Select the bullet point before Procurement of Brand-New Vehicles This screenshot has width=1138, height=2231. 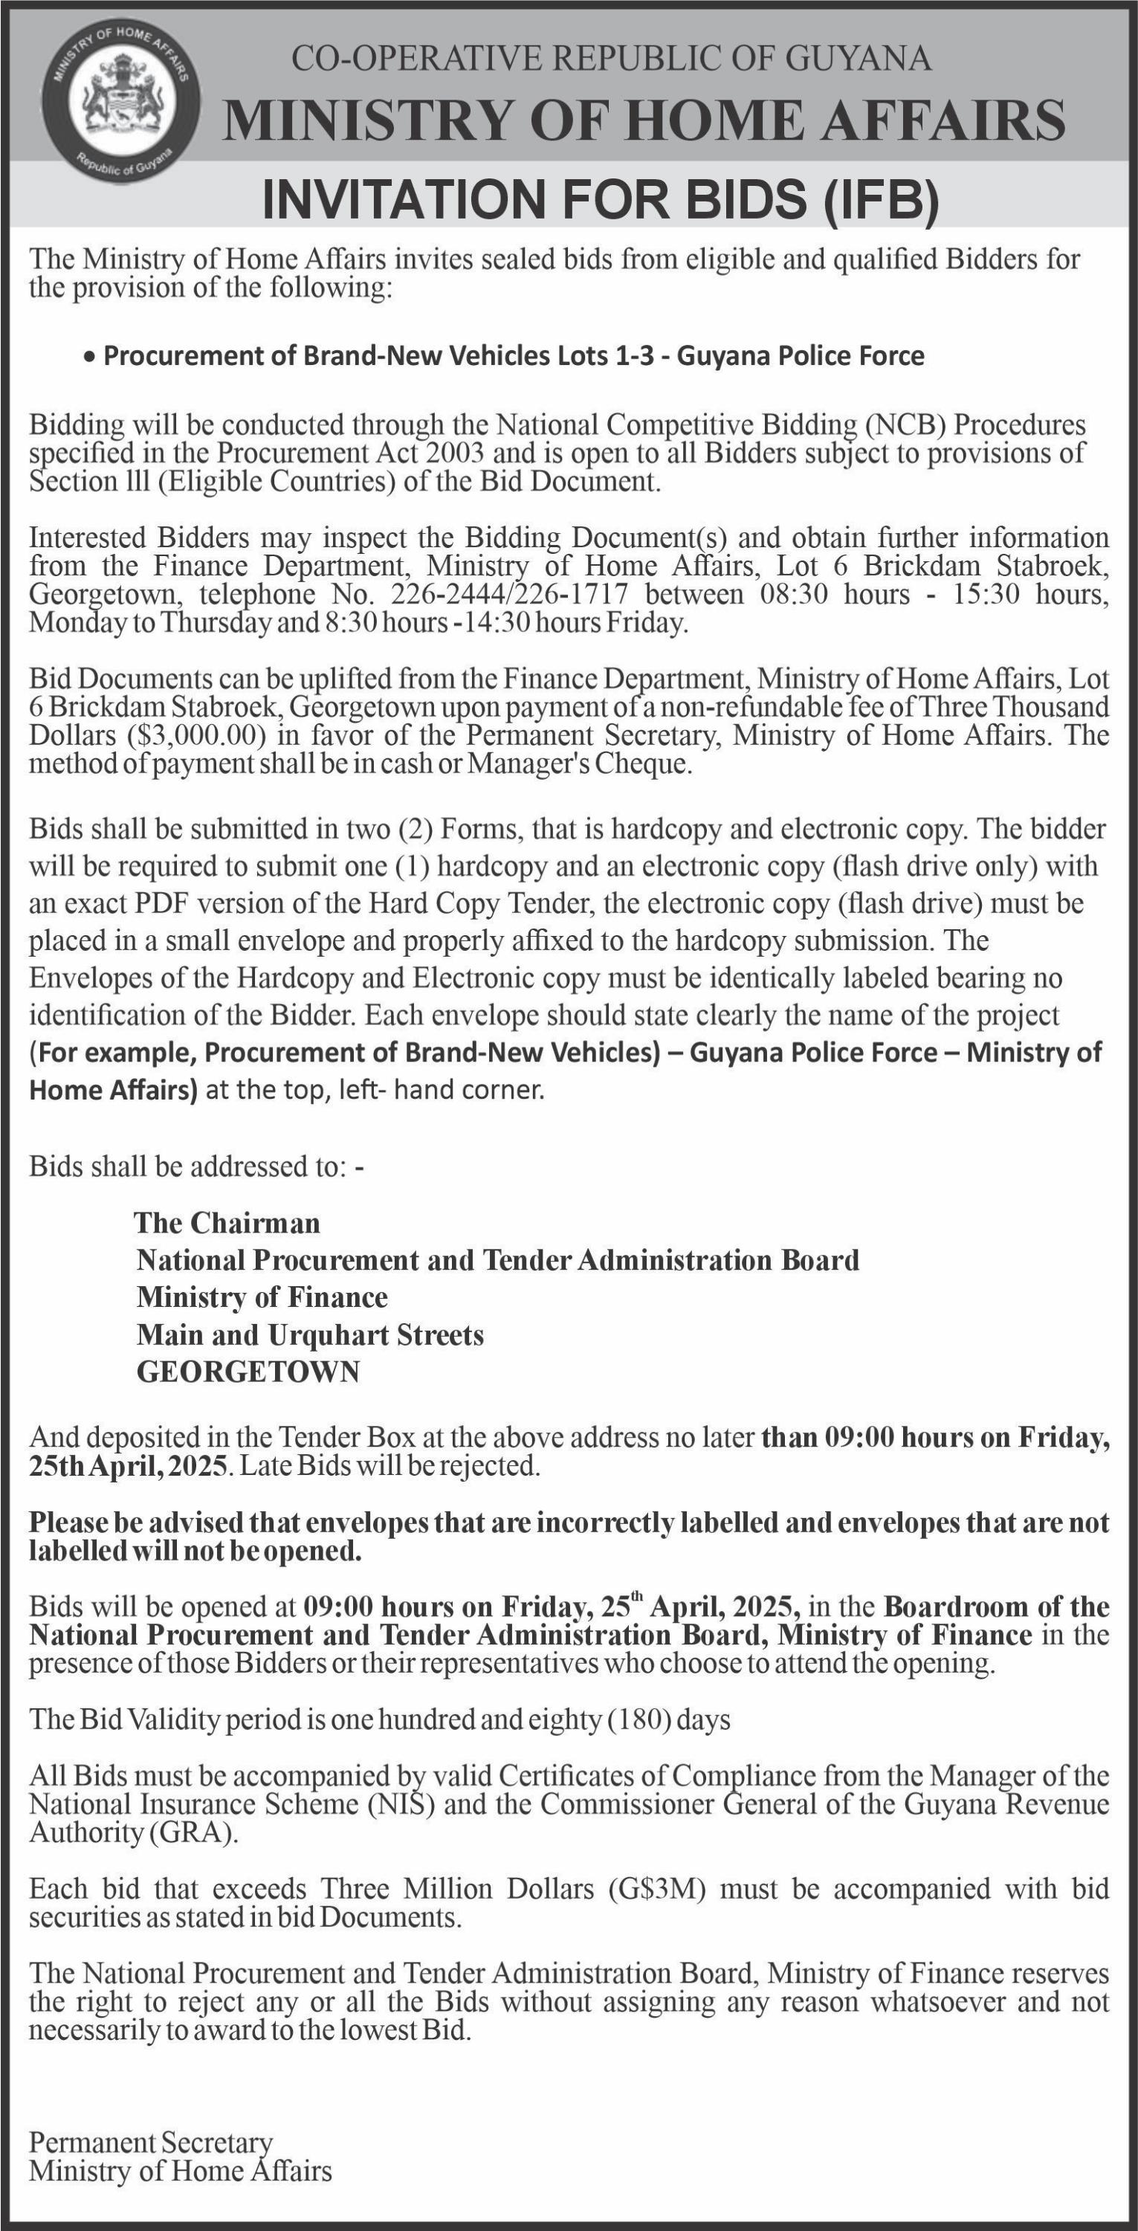[89, 357]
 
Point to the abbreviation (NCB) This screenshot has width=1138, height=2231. [905, 425]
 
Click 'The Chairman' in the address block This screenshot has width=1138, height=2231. [227, 1223]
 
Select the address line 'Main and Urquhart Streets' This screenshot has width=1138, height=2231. [310, 1334]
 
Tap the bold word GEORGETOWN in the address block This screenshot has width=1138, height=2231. [248, 1372]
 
